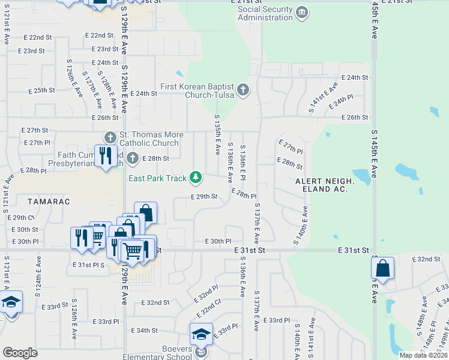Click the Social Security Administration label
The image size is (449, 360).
(x=265, y=13)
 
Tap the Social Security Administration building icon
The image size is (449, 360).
(x=303, y=11)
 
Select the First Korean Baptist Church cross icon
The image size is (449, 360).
(x=243, y=90)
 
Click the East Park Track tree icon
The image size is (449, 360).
(x=195, y=177)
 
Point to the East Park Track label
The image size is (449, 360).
(x=158, y=178)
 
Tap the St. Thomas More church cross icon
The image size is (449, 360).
(x=110, y=137)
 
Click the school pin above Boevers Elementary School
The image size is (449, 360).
(x=202, y=334)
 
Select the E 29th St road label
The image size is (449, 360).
(x=203, y=197)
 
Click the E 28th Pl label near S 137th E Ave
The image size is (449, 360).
(x=244, y=196)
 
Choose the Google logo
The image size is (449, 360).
(x=20, y=353)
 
